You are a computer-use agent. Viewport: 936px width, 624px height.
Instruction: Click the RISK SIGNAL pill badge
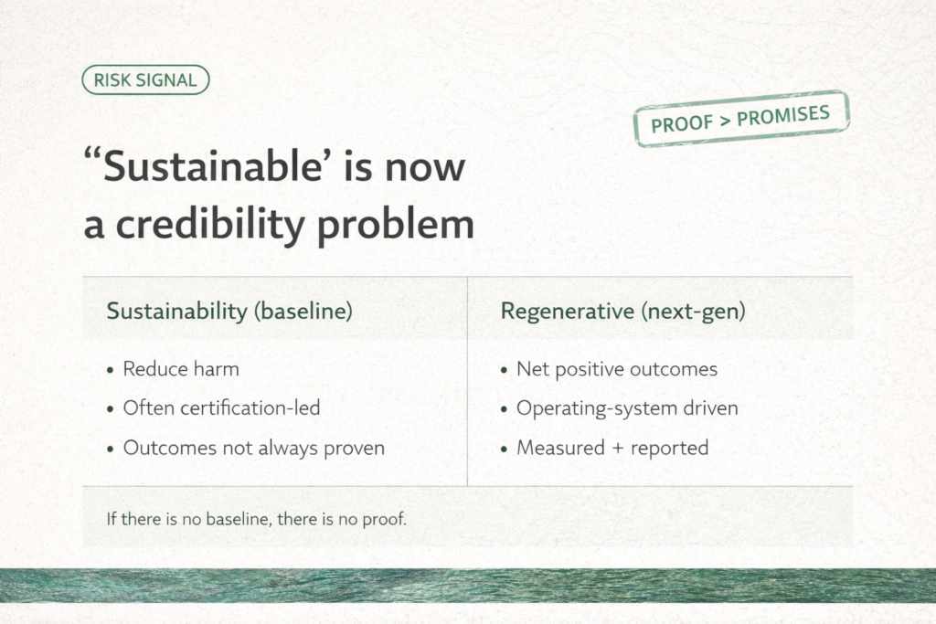tap(145, 80)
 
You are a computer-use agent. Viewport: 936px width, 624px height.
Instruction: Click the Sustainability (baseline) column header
tap(229, 311)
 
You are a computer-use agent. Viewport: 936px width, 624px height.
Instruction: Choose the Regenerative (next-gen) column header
tap(622, 311)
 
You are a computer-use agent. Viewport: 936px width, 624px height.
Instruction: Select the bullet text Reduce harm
tap(180, 369)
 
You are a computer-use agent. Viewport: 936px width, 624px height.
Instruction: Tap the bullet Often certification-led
tap(221, 408)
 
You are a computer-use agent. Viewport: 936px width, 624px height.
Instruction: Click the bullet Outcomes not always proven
tap(253, 448)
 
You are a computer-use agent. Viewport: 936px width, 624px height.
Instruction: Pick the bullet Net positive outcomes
tap(616, 369)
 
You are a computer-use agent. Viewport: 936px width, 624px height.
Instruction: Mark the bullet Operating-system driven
tap(626, 408)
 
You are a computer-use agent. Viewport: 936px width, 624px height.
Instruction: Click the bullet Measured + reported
tap(612, 448)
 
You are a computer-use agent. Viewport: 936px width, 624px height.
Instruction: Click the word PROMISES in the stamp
tap(783, 115)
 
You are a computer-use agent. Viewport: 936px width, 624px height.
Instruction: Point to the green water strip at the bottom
tap(468, 586)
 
